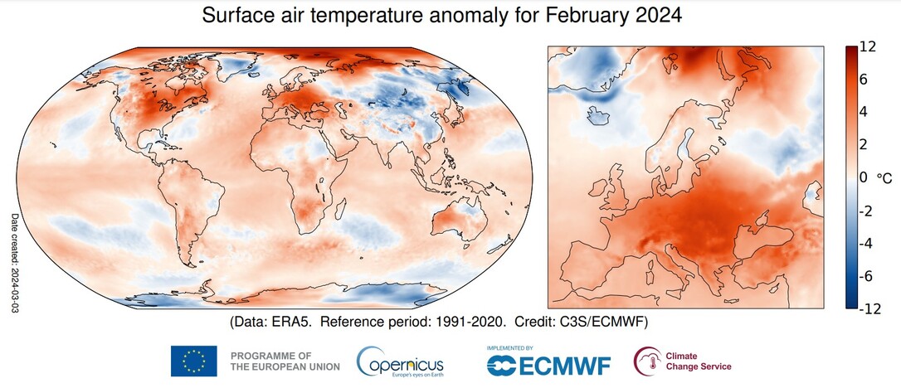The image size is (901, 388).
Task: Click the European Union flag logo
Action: click(193, 361)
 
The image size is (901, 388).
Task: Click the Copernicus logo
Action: click(400, 362)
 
